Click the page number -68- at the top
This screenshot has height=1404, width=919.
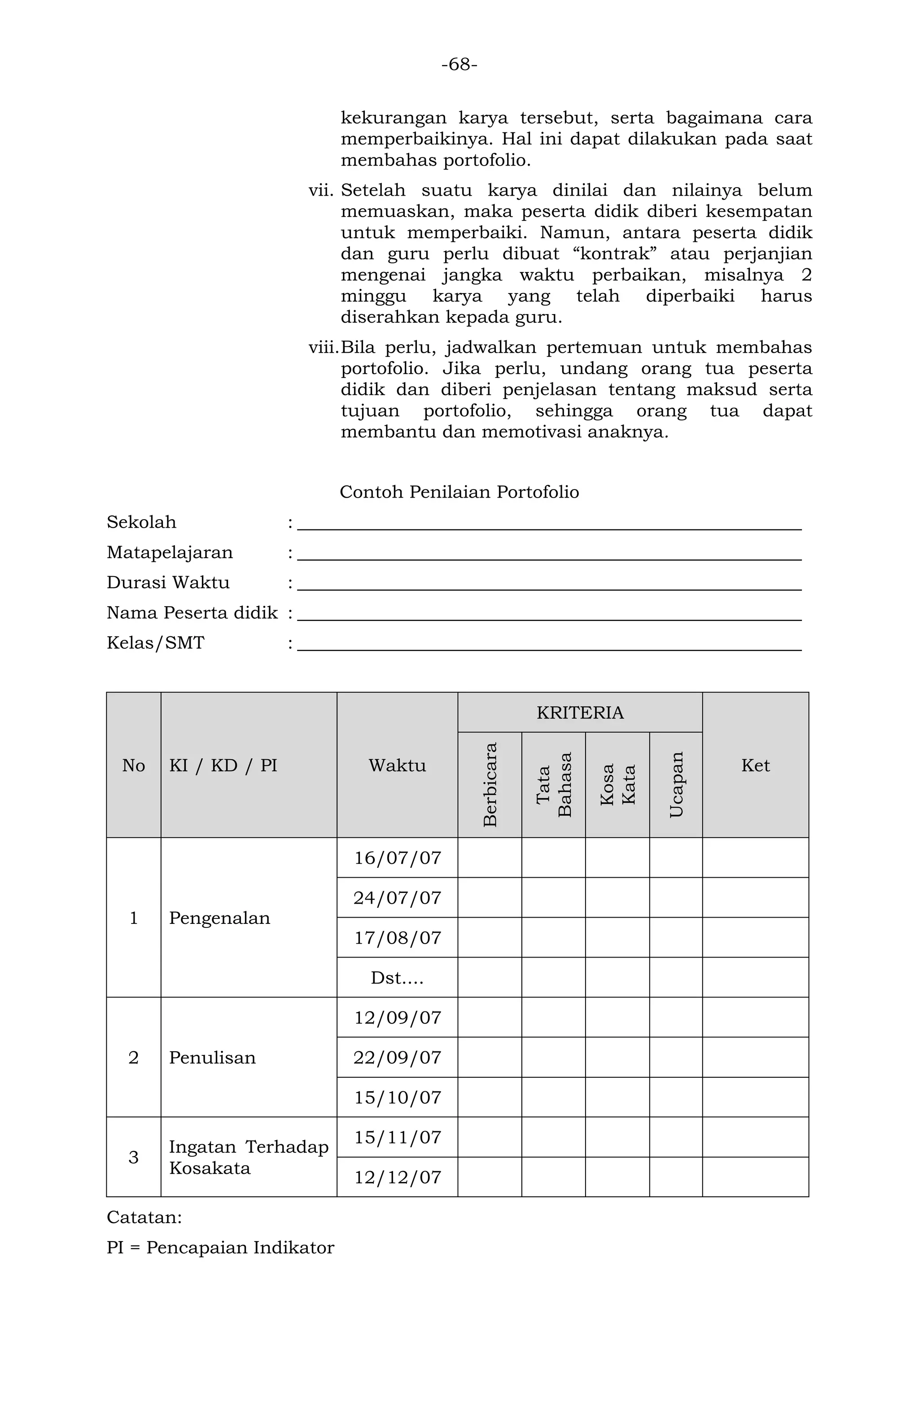click(x=459, y=64)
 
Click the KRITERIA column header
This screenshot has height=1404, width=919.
click(x=579, y=713)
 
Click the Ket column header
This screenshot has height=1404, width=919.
click(x=755, y=765)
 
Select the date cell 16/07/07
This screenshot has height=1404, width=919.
click(x=397, y=857)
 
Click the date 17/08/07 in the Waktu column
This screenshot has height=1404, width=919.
click(x=397, y=937)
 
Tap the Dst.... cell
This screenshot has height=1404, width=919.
click(x=397, y=977)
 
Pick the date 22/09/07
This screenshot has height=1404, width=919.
click(x=397, y=1057)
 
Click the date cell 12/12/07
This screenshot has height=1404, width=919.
click(x=397, y=1177)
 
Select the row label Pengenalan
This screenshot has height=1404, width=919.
click(x=219, y=918)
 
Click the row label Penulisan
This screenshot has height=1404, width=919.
click(x=212, y=1057)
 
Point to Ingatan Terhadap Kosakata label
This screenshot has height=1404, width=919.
click(x=248, y=1157)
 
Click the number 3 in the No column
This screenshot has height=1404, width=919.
click(x=133, y=1157)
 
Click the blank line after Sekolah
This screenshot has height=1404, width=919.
click(x=548, y=524)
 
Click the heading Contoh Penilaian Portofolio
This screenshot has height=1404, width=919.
click(x=459, y=491)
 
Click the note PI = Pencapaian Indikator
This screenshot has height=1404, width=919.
click(x=220, y=1248)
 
